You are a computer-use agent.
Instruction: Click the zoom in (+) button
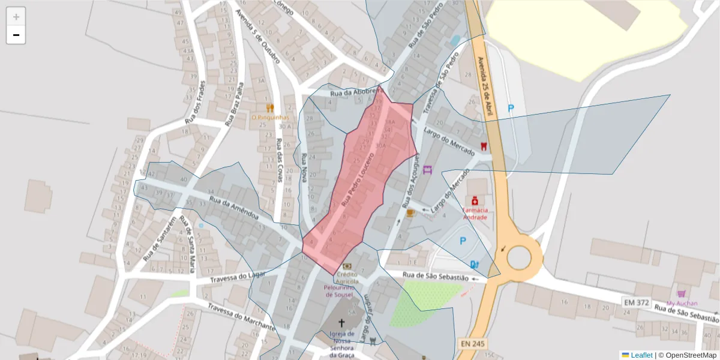[x=16, y=17]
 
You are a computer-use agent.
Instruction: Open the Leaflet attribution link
[x=641, y=355]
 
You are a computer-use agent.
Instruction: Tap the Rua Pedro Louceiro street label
[x=358, y=180]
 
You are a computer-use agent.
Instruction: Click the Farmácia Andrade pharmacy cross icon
[x=475, y=200]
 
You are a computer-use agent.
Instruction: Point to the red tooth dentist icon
[x=484, y=146]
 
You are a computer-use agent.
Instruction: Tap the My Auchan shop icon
[x=681, y=294]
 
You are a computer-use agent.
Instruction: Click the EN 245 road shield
[x=472, y=344]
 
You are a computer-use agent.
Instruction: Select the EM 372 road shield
[x=636, y=302]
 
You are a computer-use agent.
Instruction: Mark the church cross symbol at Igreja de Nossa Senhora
[x=342, y=322]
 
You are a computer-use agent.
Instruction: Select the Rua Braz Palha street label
[x=234, y=104]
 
